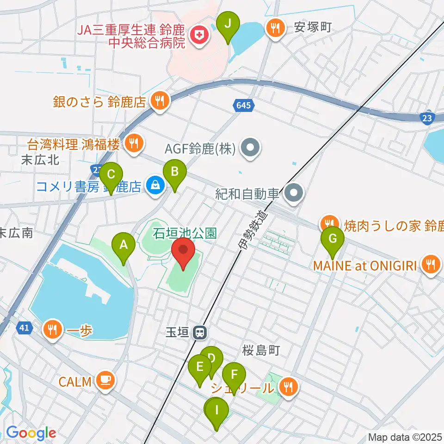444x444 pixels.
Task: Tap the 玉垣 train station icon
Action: click(x=200, y=332)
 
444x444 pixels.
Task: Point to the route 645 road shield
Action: click(x=242, y=105)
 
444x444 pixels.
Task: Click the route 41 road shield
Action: click(x=24, y=328)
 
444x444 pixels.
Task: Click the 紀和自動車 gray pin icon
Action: click(x=294, y=194)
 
